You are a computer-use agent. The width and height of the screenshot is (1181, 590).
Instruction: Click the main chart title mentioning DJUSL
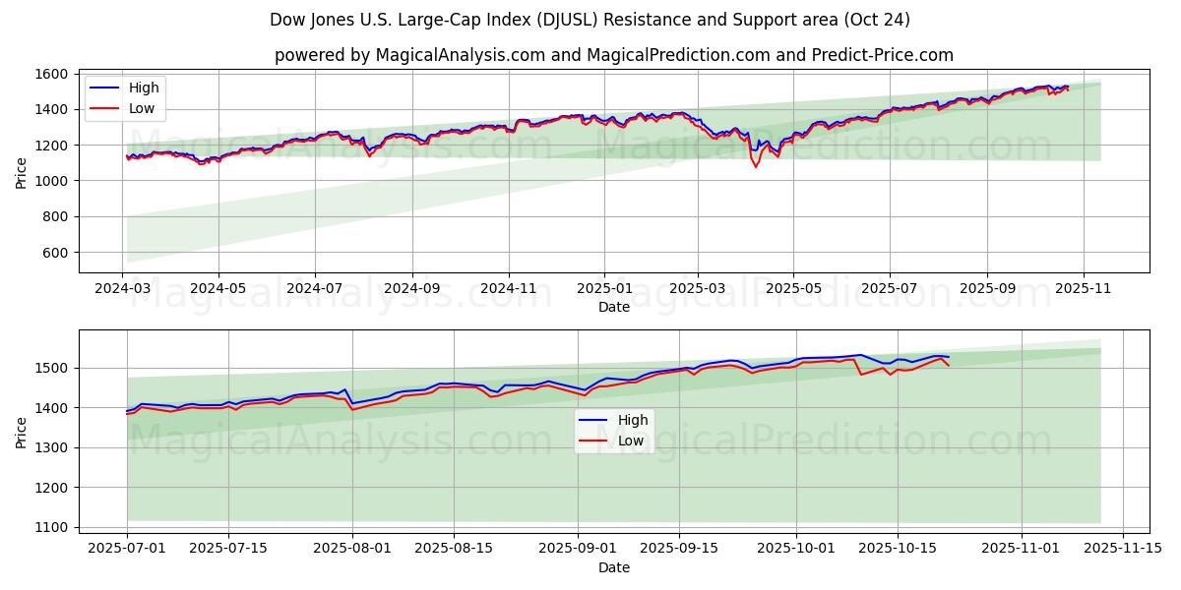590,20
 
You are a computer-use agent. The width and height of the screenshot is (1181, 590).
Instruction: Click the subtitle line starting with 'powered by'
613,55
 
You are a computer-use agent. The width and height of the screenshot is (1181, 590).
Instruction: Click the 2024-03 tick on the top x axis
123,289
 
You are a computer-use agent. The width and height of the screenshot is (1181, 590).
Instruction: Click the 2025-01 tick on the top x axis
603,289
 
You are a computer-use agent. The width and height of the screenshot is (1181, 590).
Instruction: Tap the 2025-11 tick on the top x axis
1083,289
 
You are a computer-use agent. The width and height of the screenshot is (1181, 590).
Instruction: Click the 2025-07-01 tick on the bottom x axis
127,548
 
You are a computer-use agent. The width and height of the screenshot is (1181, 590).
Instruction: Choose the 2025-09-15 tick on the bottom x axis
679,548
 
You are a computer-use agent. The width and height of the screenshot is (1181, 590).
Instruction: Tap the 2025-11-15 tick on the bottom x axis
1122,548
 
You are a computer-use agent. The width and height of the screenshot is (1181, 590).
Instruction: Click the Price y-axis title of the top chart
22,173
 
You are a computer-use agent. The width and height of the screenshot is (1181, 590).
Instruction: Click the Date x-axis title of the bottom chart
613,567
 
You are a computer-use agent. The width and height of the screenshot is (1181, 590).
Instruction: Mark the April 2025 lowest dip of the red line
756,166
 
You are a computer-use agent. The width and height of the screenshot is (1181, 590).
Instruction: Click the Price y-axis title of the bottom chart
22,432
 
